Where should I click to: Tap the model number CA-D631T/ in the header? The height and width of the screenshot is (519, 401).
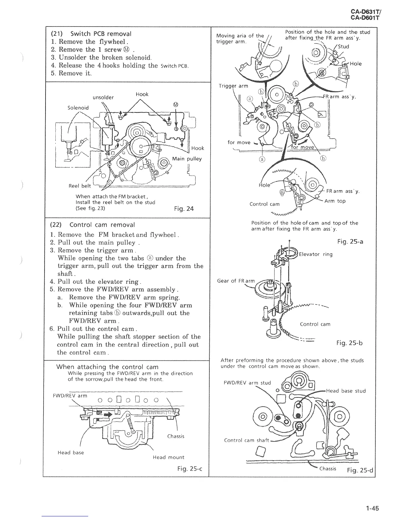[x=365, y=12]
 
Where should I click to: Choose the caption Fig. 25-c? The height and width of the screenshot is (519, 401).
[x=189, y=469]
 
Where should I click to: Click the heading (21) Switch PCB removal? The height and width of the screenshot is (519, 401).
[x=91, y=34]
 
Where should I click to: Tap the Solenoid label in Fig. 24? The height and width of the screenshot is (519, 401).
[x=78, y=107]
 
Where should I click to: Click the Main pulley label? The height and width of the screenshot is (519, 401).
[x=187, y=159]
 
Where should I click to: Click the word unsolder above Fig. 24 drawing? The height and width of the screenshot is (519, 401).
[x=104, y=97]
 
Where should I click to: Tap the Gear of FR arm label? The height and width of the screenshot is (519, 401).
[x=236, y=281]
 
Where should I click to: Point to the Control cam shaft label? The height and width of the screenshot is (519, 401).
[x=246, y=440]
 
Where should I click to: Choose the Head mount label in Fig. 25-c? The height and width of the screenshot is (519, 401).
[x=168, y=457]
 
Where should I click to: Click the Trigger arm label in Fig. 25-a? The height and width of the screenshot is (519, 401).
[x=233, y=86]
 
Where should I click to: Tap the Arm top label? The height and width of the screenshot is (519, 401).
[x=335, y=201]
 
